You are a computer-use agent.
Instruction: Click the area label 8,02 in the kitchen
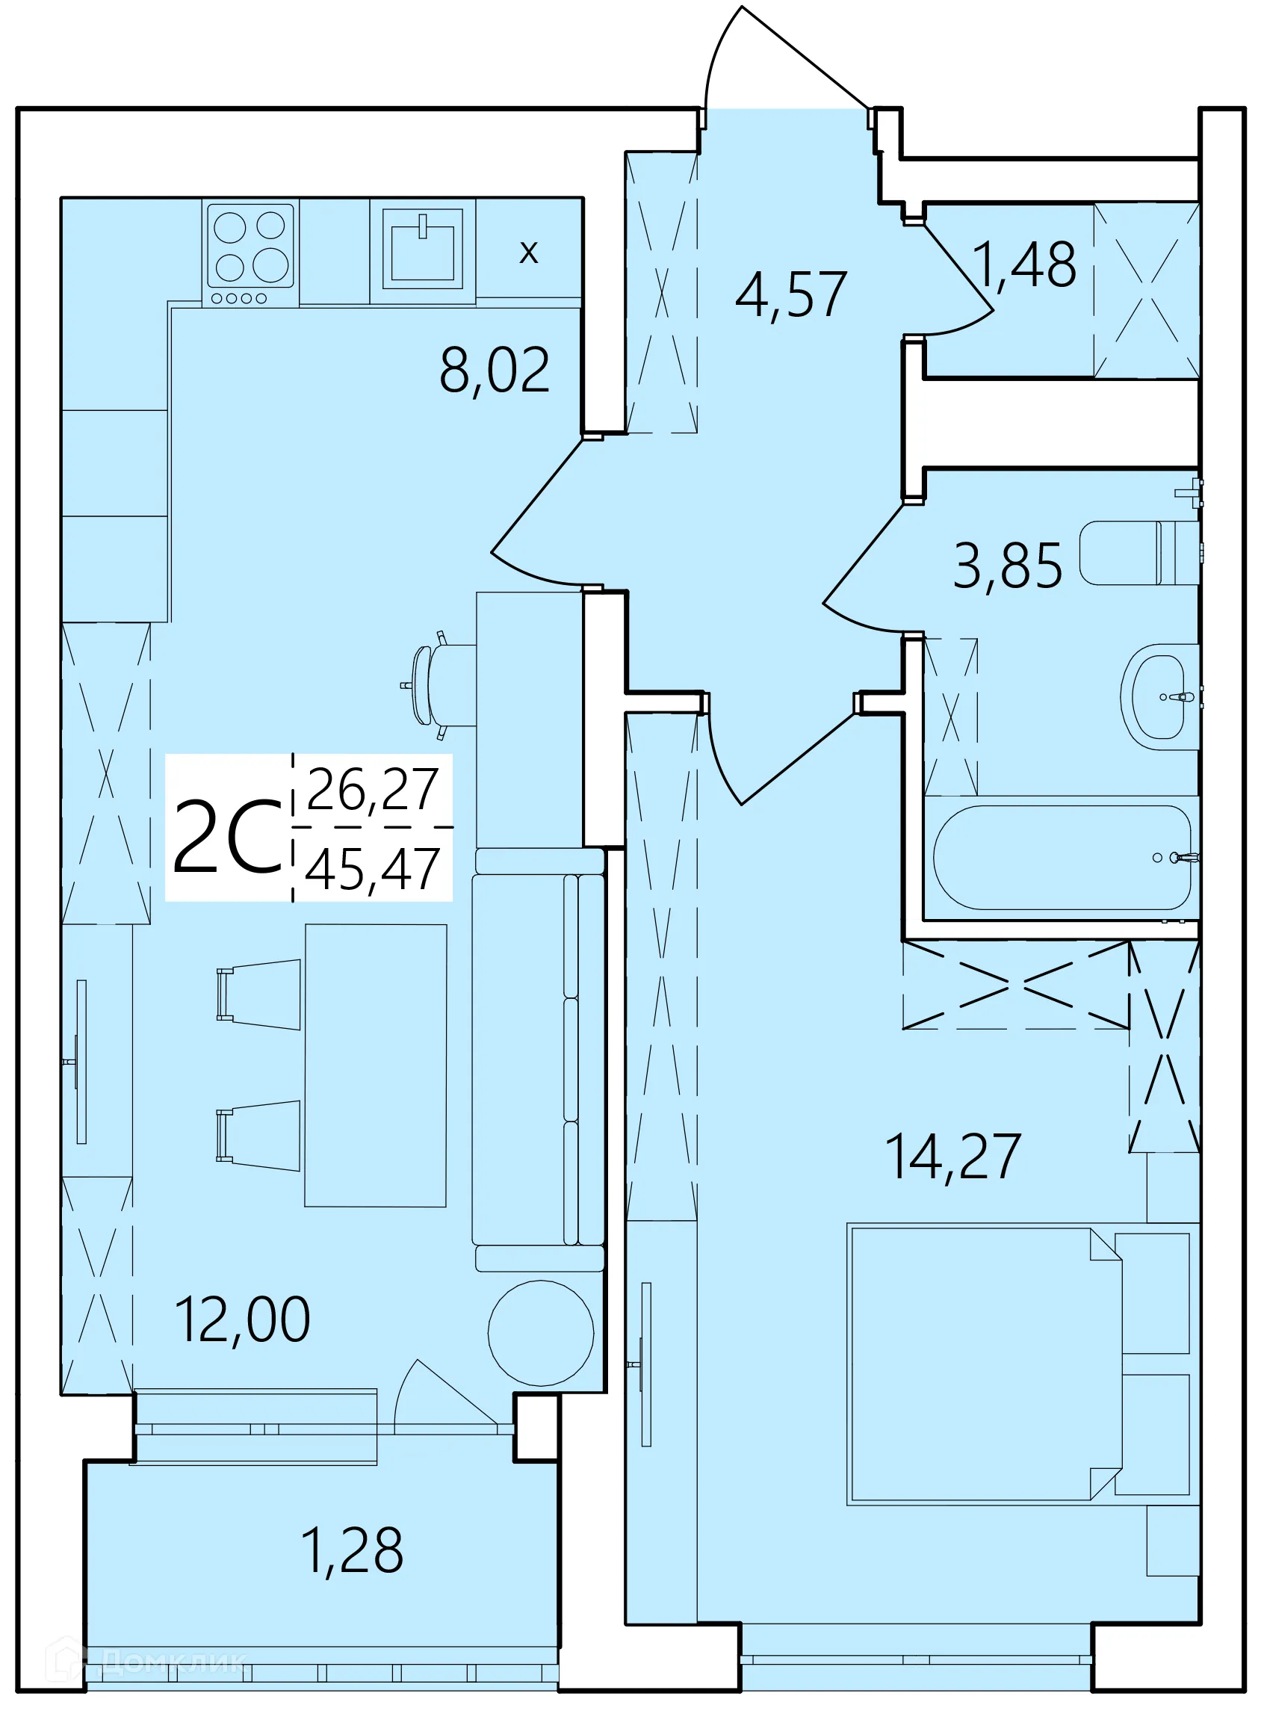click(494, 371)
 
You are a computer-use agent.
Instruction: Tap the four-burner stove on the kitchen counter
click(250, 253)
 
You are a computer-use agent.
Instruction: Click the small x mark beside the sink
click(528, 251)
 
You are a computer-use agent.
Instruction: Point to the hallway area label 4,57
click(790, 294)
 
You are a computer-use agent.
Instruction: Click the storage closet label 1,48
click(1025, 265)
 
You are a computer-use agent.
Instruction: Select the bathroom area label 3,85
click(1007, 566)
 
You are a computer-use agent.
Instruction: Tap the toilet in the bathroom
click(1137, 553)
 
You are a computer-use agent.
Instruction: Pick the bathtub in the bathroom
click(1061, 858)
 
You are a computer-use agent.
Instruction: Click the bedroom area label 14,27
click(952, 1157)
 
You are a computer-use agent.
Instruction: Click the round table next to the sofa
click(540, 1333)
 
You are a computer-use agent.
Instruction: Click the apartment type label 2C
click(227, 837)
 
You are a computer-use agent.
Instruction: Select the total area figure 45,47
click(373, 870)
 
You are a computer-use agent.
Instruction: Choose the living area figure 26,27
click(373, 790)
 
